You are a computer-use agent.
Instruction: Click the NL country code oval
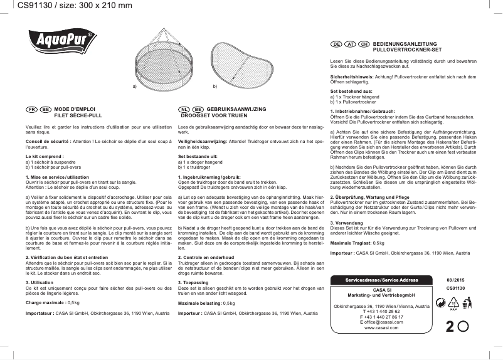click(x=184, y=109)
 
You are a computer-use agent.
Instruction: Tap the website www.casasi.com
click(x=382, y=327)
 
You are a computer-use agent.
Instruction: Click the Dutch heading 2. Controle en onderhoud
click(x=202, y=258)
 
